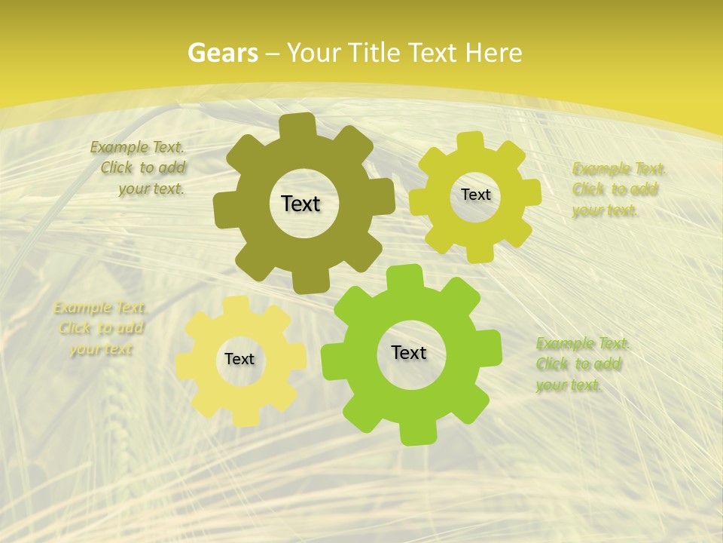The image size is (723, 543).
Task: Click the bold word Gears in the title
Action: (223, 53)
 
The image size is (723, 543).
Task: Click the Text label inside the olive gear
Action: (300, 204)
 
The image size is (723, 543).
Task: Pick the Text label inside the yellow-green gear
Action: (475, 195)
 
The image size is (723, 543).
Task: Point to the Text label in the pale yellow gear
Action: (239, 359)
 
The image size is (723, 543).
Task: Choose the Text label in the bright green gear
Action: (409, 352)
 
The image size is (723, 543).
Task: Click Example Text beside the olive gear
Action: (137, 148)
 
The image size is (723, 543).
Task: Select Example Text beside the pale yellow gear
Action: (100, 308)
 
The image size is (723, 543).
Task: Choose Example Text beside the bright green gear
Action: (582, 344)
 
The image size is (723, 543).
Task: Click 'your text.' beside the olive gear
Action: (151, 189)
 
